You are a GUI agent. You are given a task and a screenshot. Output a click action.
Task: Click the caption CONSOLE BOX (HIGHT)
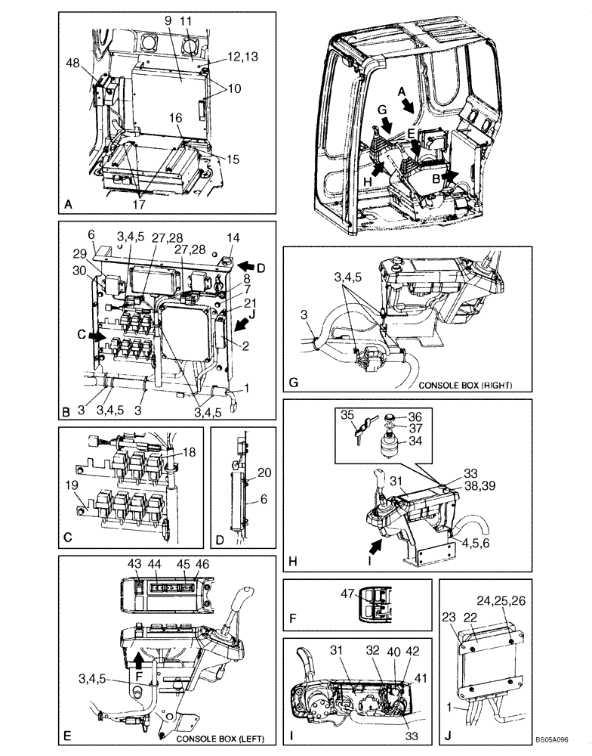[x=466, y=386]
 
